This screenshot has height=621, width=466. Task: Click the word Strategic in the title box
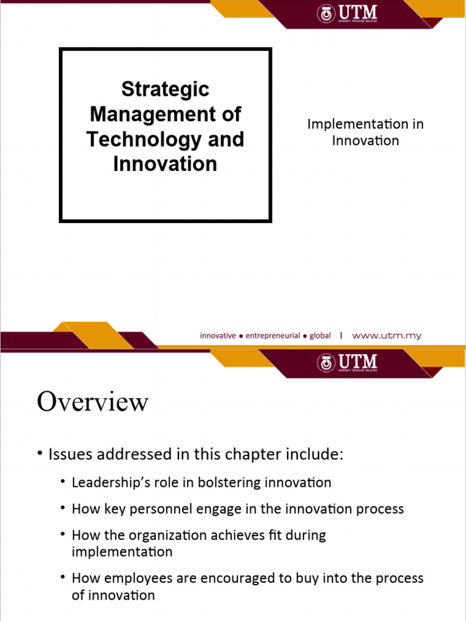pos(165,89)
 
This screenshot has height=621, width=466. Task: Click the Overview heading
pos(92,401)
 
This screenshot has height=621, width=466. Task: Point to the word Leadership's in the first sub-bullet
pos(107,483)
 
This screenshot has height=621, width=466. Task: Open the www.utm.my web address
pos(387,335)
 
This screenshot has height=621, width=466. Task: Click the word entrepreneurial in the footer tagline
pos(272,335)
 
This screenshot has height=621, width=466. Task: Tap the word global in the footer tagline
pos(320,335)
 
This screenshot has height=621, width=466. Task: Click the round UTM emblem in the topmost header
pos(326,14)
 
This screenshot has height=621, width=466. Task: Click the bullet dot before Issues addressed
pos(40,454)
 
